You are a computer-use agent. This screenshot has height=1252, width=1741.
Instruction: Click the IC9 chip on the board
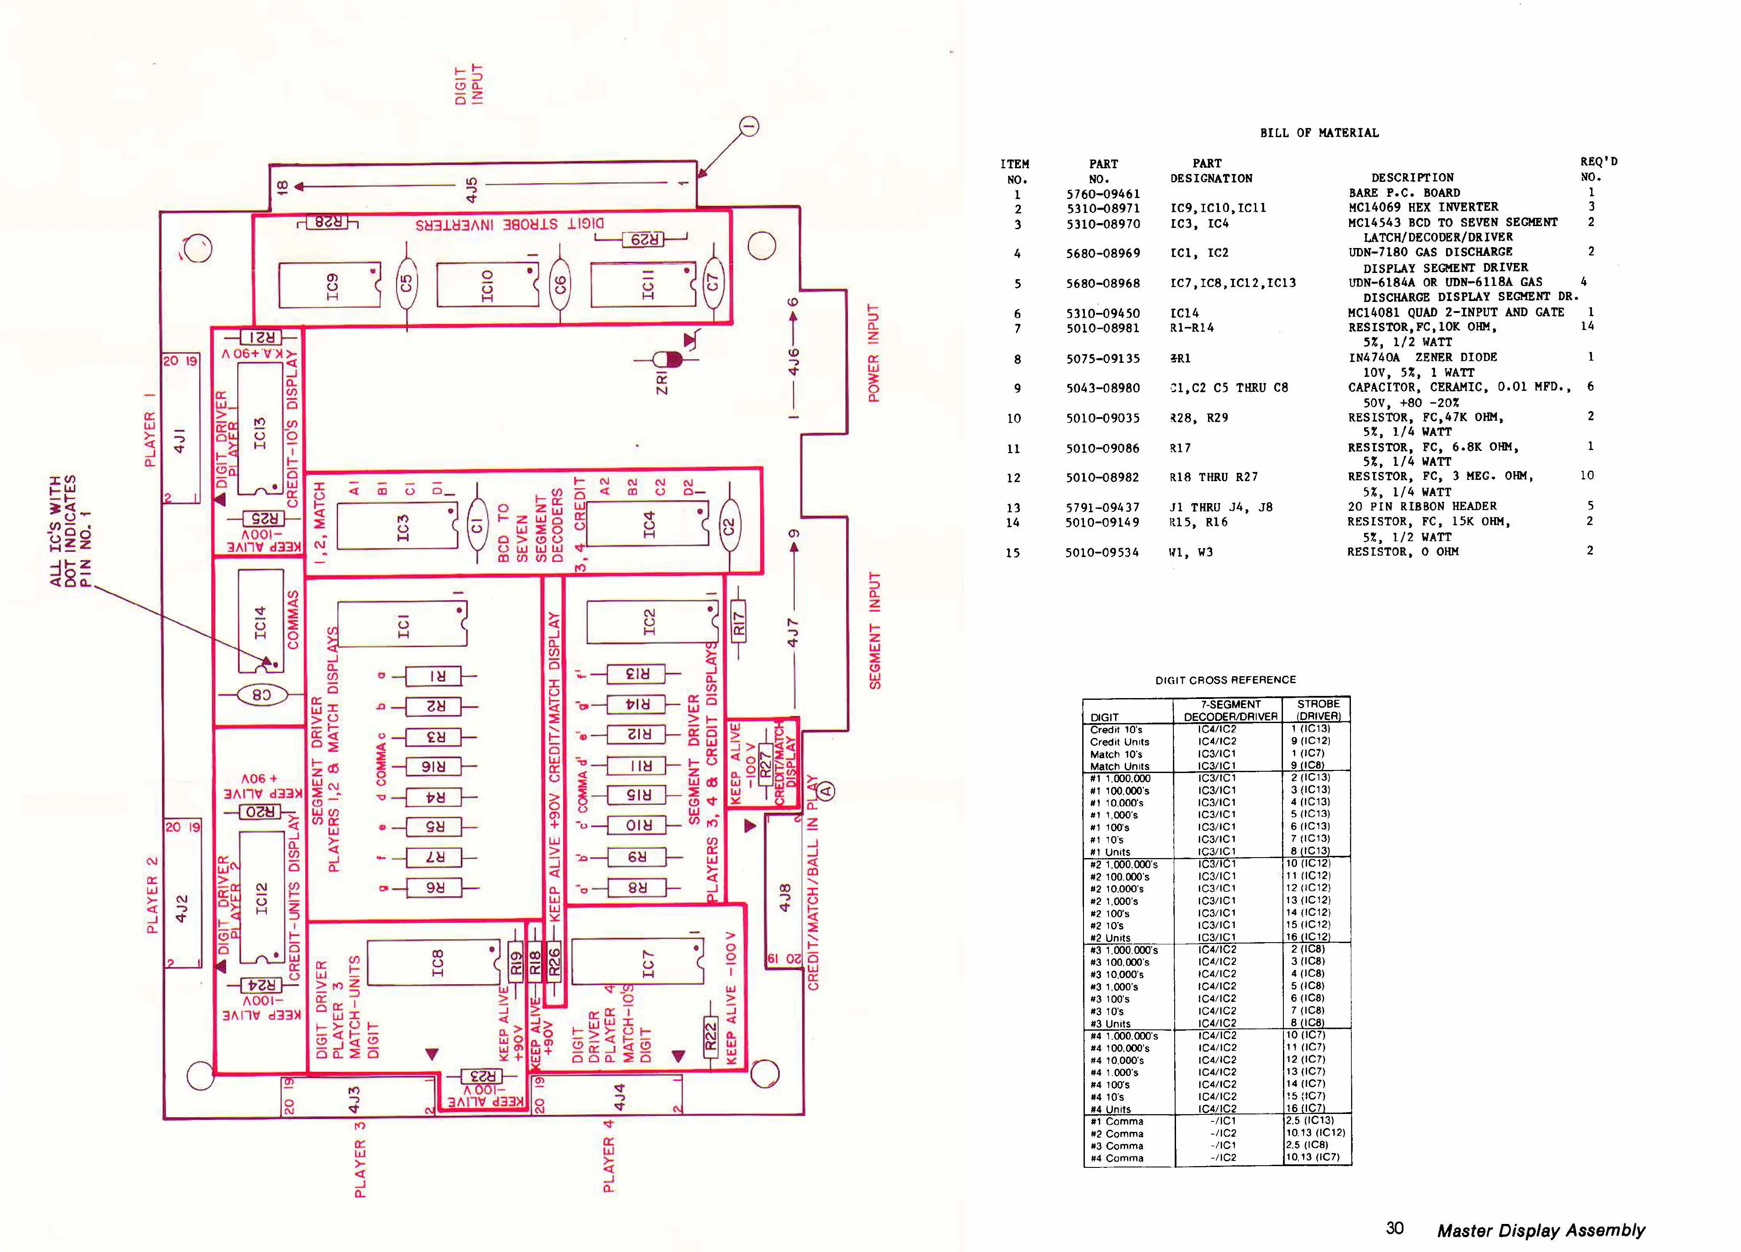tap(329, 285)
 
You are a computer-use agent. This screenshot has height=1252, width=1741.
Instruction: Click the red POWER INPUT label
tap(873, 352)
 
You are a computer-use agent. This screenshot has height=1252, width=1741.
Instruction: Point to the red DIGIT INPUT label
tap(469, 85)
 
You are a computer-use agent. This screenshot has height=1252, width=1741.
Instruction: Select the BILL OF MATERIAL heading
tap(1319, 133)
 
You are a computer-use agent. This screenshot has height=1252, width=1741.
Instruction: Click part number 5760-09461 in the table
tap(1103, 193)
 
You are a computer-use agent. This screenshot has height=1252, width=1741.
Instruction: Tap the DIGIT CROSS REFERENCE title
tap(1225, 679)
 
